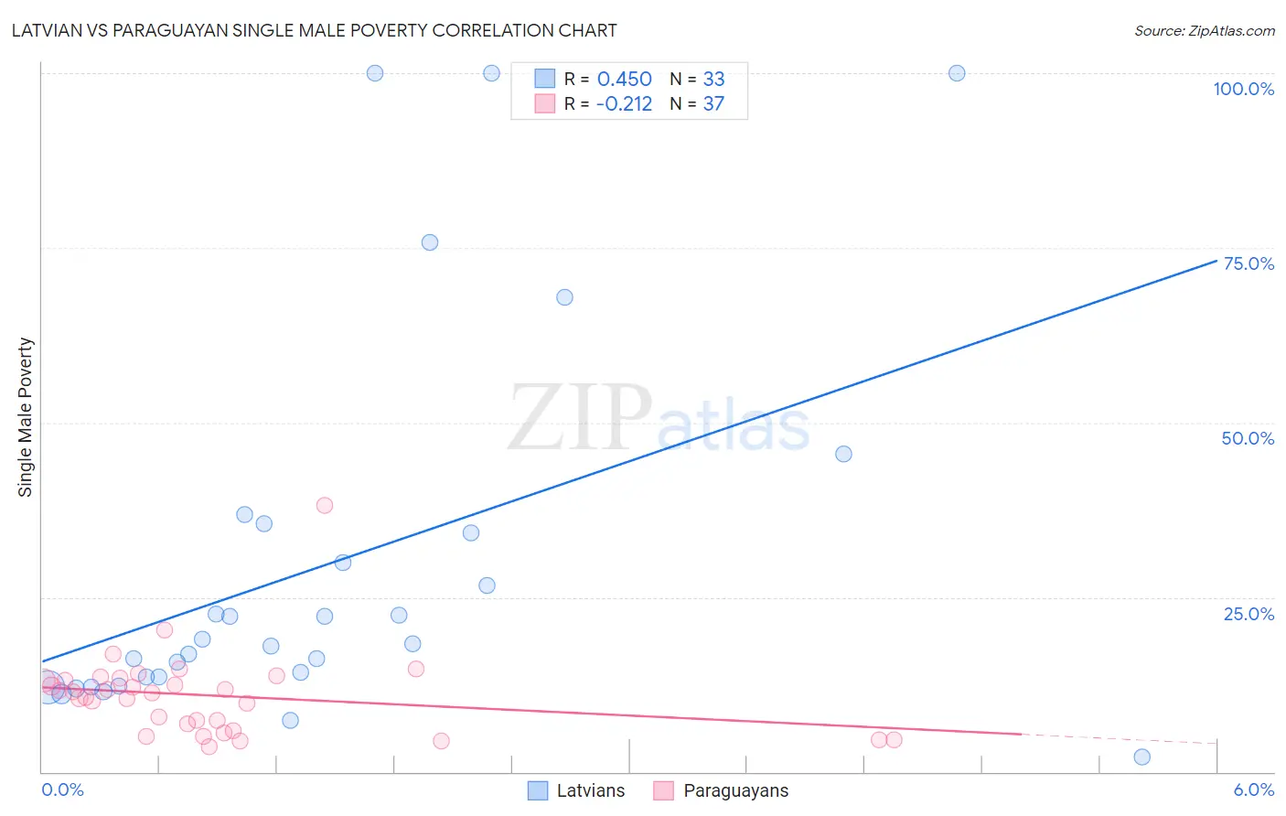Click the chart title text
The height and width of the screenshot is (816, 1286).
click(314, 31)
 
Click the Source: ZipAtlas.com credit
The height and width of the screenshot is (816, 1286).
click(1204, 31)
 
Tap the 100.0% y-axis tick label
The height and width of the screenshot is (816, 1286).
click(1243, 89)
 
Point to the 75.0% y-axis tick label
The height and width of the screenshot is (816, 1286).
click(1248, 263)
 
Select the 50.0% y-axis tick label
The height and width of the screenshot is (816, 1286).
click(1248, 438)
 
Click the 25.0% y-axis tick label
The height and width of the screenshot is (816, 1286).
click(1248, 614)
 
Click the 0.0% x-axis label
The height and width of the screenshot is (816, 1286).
click(62, 789)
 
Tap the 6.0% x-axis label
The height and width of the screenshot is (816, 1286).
click(1253, 789)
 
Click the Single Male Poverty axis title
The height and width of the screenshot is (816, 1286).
click(26, 417)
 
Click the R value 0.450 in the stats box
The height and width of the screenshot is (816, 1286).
click(624, 80)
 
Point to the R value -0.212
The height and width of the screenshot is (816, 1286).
click(624, 104)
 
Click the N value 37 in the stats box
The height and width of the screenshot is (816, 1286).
click(713, 104)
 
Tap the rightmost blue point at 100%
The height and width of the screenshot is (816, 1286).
click(957, 73)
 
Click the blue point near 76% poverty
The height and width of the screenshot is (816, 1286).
click(430, 242)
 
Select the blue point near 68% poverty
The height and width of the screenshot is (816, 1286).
click(564, 297)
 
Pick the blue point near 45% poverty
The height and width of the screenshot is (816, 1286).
click(843, 454)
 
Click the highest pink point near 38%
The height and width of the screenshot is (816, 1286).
click(324, 505)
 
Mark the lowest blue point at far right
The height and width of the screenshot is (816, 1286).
click(1141, 757)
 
